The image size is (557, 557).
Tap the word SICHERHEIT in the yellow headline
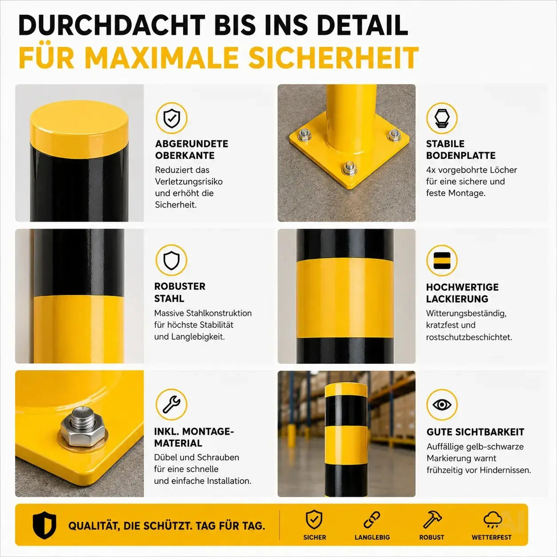(x=334, y=58)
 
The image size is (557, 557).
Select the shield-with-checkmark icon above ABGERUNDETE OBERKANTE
(x=171, y=118)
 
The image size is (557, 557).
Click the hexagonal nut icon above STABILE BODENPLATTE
(x=442, y=118)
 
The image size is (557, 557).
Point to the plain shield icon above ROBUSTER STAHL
(x=171, y=260)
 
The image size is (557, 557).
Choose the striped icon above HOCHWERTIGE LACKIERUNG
(x=442, y=260)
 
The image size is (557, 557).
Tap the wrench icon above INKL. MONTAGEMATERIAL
(x=171, y=404)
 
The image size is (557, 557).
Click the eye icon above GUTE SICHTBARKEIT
(x=442, y=405)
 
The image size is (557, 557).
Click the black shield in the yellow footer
(x=44, y=525)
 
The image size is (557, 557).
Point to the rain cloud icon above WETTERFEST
(x=493, y=519)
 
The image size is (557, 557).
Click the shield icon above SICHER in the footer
(x=314, y=519)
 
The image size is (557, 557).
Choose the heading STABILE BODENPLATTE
(x=461, y=149)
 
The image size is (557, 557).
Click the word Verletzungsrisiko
(x=189, y=182)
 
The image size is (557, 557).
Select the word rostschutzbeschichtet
(x=469, y=337)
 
